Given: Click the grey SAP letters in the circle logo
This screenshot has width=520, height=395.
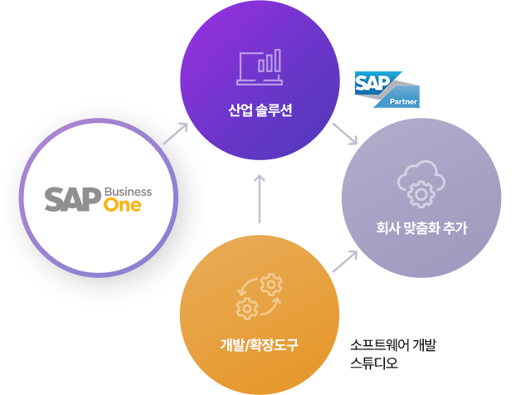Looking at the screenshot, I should coord(73,199).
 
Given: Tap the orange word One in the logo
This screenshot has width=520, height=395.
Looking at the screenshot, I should coord(123,205).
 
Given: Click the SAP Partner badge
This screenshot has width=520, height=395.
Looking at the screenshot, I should coord(386,90).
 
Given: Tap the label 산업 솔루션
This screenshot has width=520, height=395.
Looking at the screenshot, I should coord(260,111).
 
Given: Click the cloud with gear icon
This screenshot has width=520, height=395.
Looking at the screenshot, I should coord(420,184).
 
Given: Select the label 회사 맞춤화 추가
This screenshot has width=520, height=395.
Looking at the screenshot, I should coord(421,228).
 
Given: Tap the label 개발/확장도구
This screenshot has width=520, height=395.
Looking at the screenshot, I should coord(260,344).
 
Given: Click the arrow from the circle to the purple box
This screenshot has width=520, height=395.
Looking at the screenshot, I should coord(175,133).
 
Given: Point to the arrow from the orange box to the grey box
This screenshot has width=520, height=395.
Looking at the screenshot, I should coord(344,261).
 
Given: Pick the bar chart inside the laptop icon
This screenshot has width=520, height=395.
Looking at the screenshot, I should coord(268,62).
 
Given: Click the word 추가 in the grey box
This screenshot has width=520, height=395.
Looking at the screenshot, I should coord(454,228).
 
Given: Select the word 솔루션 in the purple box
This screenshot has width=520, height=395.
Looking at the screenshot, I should coord(274,111).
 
